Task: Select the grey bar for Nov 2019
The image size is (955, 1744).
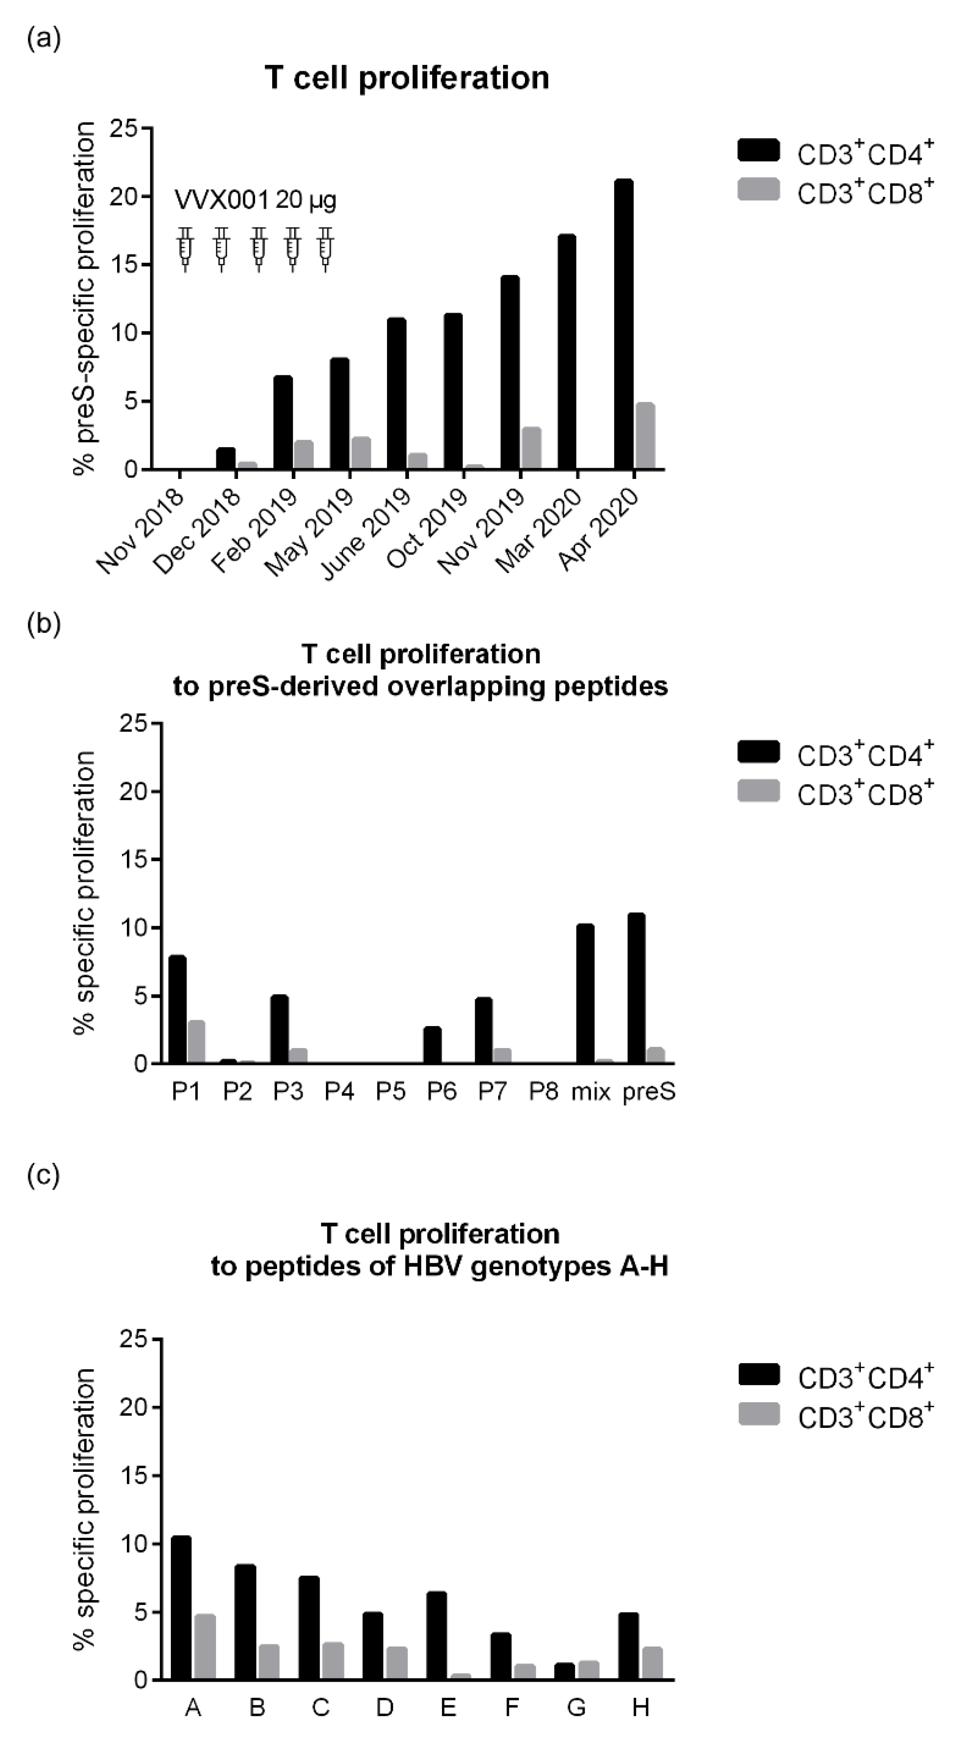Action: tap(531, 448)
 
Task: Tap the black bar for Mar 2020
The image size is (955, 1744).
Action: tap(567, 352)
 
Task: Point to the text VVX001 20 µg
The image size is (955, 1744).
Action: tap(255, 200)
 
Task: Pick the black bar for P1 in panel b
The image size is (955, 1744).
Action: tap(178, 1009)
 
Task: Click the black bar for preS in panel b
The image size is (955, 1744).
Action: tap(636, 988)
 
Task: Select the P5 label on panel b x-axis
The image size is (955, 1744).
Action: tap(391, 1092)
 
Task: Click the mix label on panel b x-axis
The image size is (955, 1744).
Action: tap(591, 1092)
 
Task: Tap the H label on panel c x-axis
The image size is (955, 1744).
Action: tap(640, 1707)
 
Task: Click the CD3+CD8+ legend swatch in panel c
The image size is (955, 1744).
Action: tap(759, 1414)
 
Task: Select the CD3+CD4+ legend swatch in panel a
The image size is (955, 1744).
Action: tap(759, 150)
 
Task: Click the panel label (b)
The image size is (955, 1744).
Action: tap(44, 623)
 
